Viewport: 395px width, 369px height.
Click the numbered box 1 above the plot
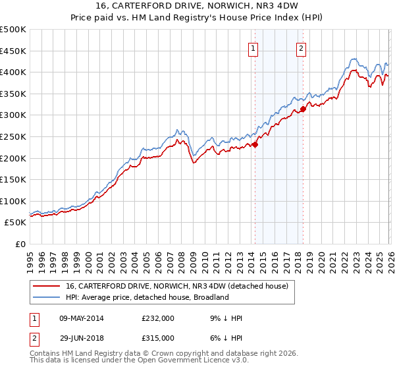tap(254, 47)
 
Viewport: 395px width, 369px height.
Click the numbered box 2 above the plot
tap(302, 47)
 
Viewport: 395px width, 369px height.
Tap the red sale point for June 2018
tap(303, 109)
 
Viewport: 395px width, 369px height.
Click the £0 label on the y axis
tap(20, 244)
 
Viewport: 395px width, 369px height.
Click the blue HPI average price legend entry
tap(146, 298)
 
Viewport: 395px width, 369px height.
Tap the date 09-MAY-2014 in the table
tap(82, 318)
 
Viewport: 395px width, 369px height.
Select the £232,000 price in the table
tap(157, 318)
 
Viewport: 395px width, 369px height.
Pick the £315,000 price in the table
tap(157, 337)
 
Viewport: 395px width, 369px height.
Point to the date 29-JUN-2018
tap(82, 337)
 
